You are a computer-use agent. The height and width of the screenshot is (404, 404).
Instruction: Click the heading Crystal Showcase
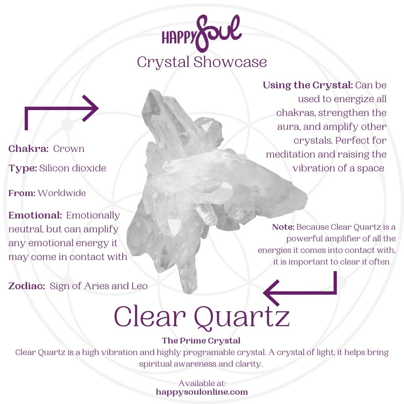tap(202, 62)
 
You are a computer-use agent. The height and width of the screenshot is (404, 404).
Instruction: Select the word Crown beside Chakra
tap(69, 149)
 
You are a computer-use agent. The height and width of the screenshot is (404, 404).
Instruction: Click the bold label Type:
tap(23, 168)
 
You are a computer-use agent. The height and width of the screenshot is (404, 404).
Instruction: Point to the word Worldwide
tap(62, 193)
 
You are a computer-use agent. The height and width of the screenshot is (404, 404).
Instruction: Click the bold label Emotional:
tap(35, 215)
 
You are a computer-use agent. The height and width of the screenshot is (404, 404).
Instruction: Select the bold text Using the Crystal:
tap(308, 85)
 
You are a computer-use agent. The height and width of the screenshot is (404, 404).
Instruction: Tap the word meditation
tap(290, 154)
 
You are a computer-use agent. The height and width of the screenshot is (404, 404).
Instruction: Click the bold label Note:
tap(283, 227)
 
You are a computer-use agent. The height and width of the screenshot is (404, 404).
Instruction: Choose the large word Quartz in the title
tap(242, 317)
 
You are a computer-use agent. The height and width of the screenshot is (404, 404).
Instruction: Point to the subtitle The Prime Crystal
tap(201, 341)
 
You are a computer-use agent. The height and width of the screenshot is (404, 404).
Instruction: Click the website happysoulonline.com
tap(202, 392)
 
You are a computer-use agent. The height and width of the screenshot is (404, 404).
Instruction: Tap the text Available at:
tap(202, 383)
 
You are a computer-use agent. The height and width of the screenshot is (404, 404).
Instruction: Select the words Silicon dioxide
tap(73, 168)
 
